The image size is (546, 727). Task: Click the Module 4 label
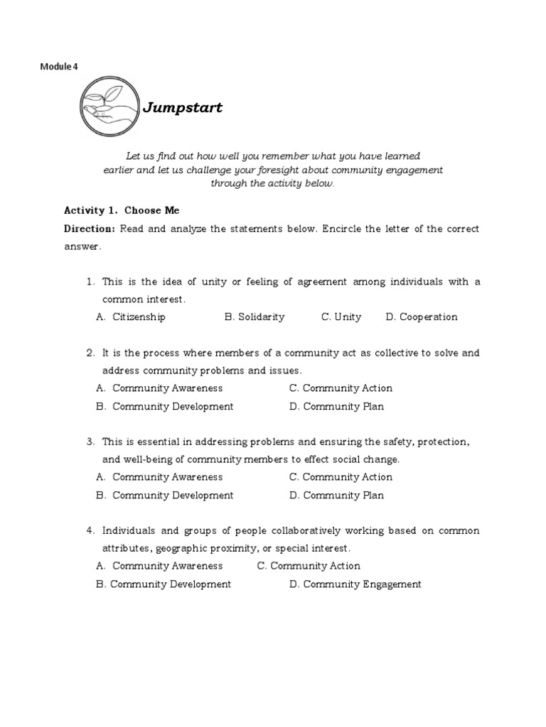59,67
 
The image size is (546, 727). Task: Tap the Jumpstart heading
183,108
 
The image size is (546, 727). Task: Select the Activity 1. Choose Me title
122,210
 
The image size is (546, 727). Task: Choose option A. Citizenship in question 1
131,317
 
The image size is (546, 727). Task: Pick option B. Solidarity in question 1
255,317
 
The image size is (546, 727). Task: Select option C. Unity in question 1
341,317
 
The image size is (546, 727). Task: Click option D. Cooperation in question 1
422,317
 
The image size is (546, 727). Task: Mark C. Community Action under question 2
341,388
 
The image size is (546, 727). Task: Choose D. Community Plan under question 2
336,407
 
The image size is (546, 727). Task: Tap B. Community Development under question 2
164,407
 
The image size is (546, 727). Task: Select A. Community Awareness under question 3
159,477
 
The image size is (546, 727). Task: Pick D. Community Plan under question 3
336,496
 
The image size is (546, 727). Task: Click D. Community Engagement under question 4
355,584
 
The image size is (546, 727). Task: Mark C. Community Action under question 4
309,566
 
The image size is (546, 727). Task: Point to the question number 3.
90,442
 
